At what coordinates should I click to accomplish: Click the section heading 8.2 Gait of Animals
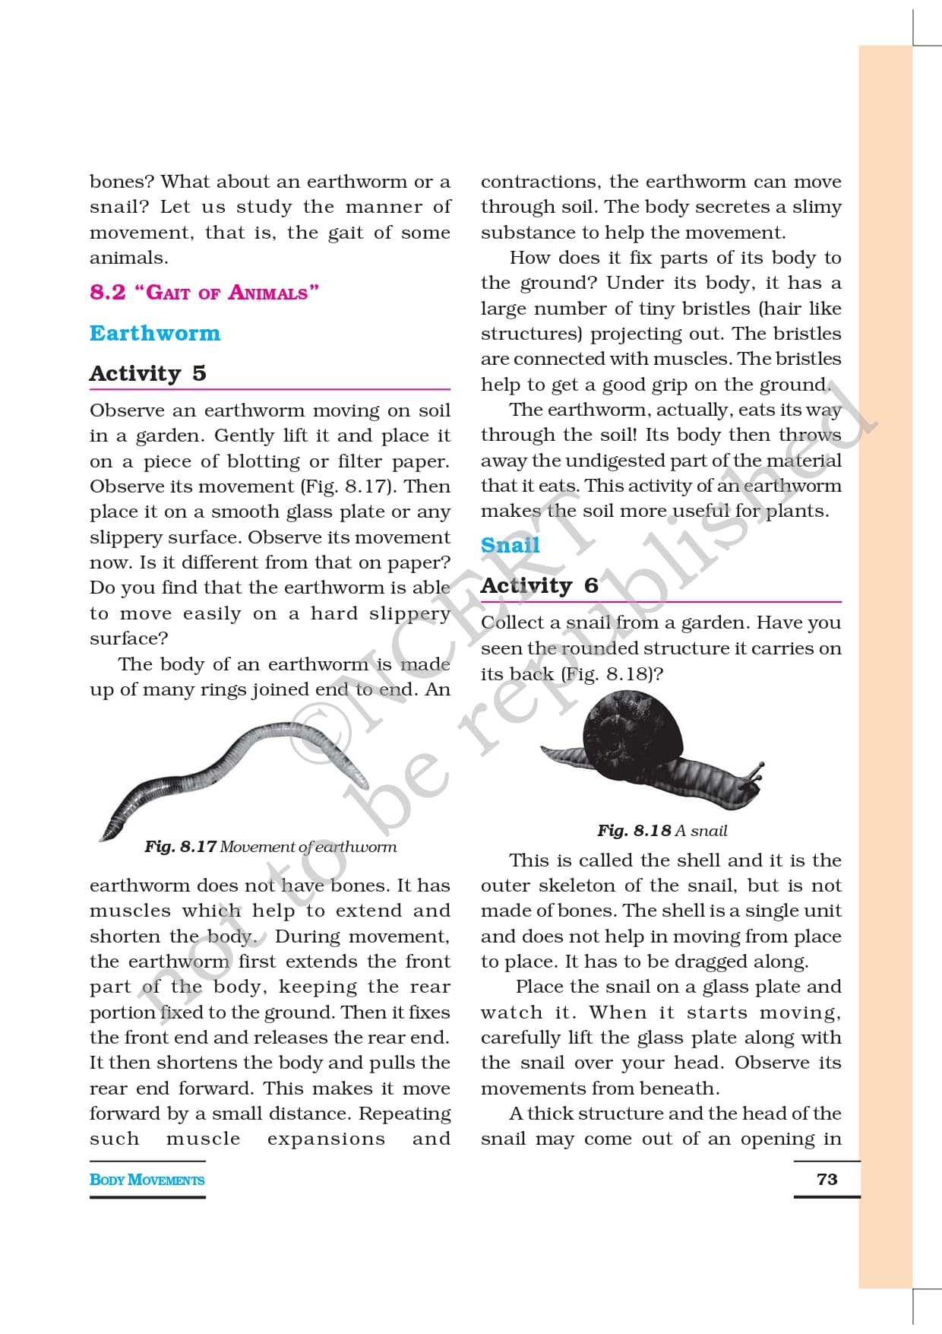coord(204,293)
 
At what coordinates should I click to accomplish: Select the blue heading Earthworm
coord(155,334)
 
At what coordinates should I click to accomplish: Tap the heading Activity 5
coord(147,373)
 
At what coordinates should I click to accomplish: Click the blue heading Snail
coord(510,545)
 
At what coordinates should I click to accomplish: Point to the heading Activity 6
coord(539,585)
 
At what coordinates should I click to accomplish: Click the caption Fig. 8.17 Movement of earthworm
coord(270,847)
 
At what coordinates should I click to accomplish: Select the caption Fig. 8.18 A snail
coord(662,831)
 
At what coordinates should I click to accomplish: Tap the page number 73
coord(827,1179)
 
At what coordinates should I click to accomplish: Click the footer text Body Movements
coord(147,1180)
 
